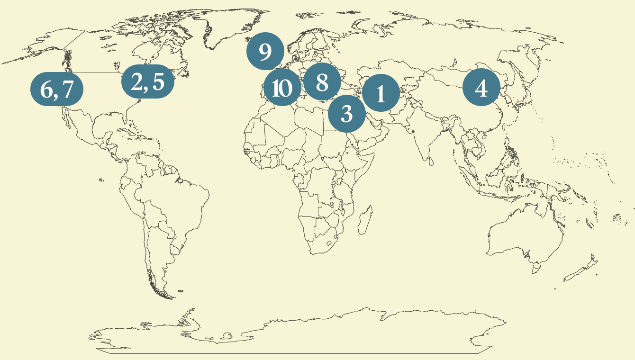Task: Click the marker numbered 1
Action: [x=381, y=93]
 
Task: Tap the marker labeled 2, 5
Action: [x=148, y=81]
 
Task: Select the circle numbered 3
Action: [x=347, y=113]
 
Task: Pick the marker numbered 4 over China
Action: [x=481, y=88]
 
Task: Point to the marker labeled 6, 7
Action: [x=57, y=89]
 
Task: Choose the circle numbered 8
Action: [x=322, y=82]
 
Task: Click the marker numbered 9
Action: [x=265, y=51]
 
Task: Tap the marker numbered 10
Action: [x=283, y=88]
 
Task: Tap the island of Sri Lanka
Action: [x=430, y=162]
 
